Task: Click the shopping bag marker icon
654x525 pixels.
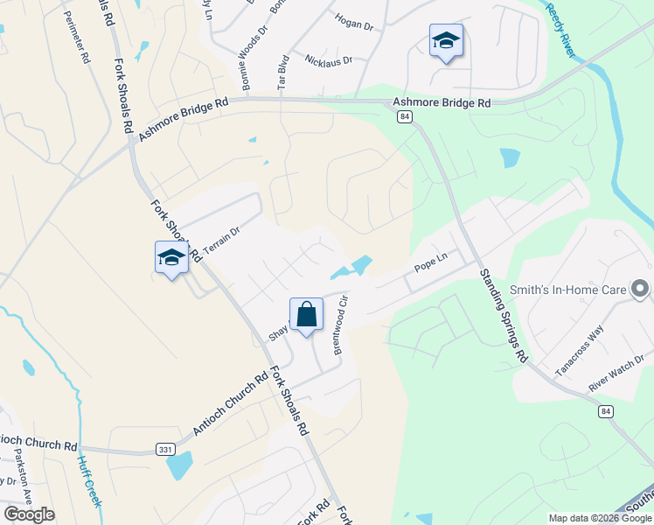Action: (306, 314)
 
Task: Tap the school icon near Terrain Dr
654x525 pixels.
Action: (171, 257)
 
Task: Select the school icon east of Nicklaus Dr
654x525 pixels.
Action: (446, 40)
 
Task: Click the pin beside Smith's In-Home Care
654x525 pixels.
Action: (641, 288)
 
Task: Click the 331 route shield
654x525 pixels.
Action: (164, 449)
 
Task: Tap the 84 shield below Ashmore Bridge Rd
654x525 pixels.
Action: (404, 116)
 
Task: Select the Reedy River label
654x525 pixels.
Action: (560, 30)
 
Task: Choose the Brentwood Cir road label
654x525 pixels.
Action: (341, 323)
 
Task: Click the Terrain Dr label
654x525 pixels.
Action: (220, 241)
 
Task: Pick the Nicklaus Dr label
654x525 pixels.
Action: (328, 60)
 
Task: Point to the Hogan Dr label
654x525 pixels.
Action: (353, 22)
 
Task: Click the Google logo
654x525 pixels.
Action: (29, 514)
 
